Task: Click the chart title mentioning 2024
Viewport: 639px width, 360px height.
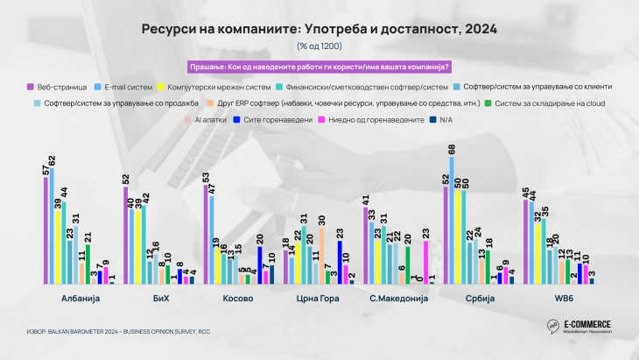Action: tap(319, 29)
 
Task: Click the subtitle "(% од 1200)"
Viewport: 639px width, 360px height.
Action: tap(319, 46)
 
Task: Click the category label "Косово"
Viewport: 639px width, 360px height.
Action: tap(238, 299)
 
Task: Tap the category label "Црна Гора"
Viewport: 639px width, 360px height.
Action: tap(317, 299)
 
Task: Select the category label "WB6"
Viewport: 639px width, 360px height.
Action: tap(554, 299)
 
